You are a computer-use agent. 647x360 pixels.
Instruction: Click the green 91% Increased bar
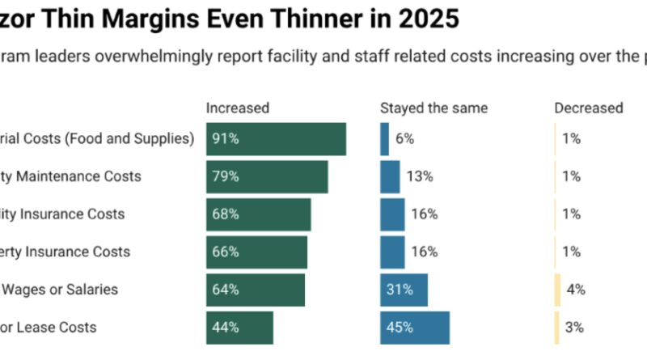click(276, 139)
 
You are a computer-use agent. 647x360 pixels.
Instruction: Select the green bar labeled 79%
click(267, 176)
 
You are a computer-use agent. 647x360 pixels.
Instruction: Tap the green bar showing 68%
click(259, 214)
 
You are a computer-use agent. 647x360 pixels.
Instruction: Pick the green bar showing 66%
click(256, 252)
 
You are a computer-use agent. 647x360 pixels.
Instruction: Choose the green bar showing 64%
click(256, 290)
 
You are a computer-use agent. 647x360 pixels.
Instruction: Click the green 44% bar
click(239, 328)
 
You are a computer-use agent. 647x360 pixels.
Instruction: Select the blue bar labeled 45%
click(415, 328)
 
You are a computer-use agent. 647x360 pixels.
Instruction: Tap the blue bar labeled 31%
click(404, 290)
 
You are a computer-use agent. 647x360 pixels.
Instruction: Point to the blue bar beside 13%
click(390, 176)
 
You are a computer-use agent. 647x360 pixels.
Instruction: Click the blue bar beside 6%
click(385, 139)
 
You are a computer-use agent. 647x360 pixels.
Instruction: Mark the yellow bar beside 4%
click(557, 290)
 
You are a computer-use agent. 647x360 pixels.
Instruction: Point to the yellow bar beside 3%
click(556, 328)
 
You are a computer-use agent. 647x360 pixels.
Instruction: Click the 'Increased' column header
click(238, 108)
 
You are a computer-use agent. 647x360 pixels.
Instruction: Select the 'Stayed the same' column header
click(434, 108)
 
